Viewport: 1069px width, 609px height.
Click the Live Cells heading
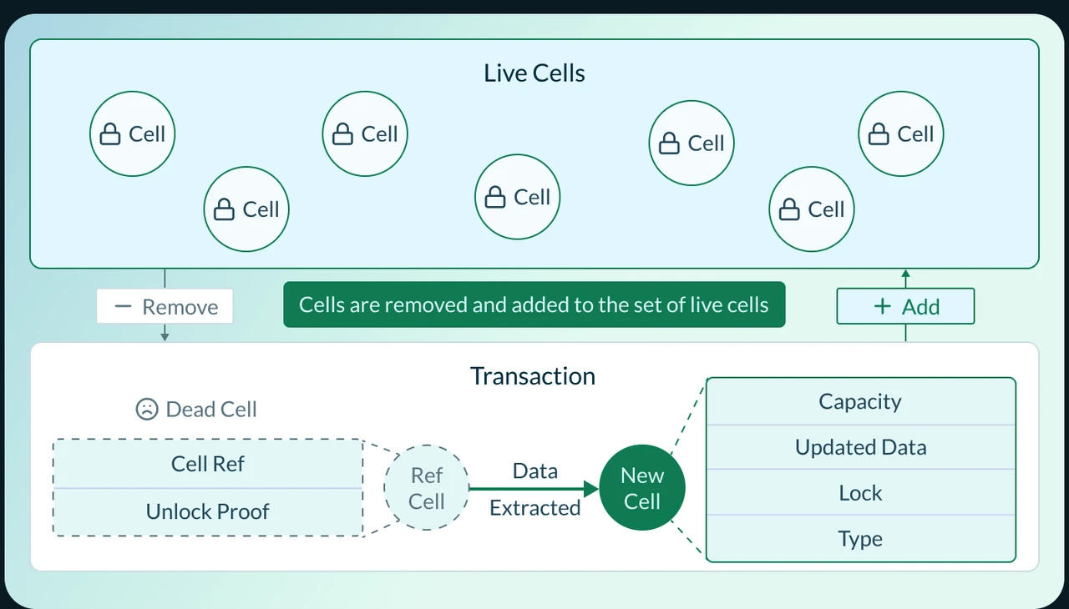[x=534, y=73]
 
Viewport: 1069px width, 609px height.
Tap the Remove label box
[x=165, y=307]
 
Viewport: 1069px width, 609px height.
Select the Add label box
[x=905, y=307]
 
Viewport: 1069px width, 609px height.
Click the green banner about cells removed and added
[x=534, y=304]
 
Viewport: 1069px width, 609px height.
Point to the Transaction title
[x=533, y=376]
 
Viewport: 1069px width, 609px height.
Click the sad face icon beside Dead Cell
[x=147, y=409]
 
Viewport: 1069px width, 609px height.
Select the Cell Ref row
[x=208, y=464]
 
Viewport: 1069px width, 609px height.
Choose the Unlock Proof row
[x=208, y=511]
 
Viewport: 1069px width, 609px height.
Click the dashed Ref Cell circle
[x=426, y=488]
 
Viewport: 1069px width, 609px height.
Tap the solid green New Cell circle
[x=642, y=488]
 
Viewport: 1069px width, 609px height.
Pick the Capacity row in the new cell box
[x=860, y=402]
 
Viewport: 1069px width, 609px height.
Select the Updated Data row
[x=860, y=447]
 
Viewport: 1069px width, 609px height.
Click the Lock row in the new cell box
[x=860, y=493]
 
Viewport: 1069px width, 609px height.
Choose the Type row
[x=860, y=539]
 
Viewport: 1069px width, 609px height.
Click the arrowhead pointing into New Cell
[x=592, y=488]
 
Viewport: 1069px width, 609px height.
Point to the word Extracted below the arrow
[x=535, y=508]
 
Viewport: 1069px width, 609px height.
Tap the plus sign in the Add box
[x=882, y=306]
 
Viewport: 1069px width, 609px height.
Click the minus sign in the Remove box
[x=123, y=306]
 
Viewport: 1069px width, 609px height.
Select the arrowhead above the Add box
[x=905, y=274]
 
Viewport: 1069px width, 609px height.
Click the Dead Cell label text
[x=211, y=409]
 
